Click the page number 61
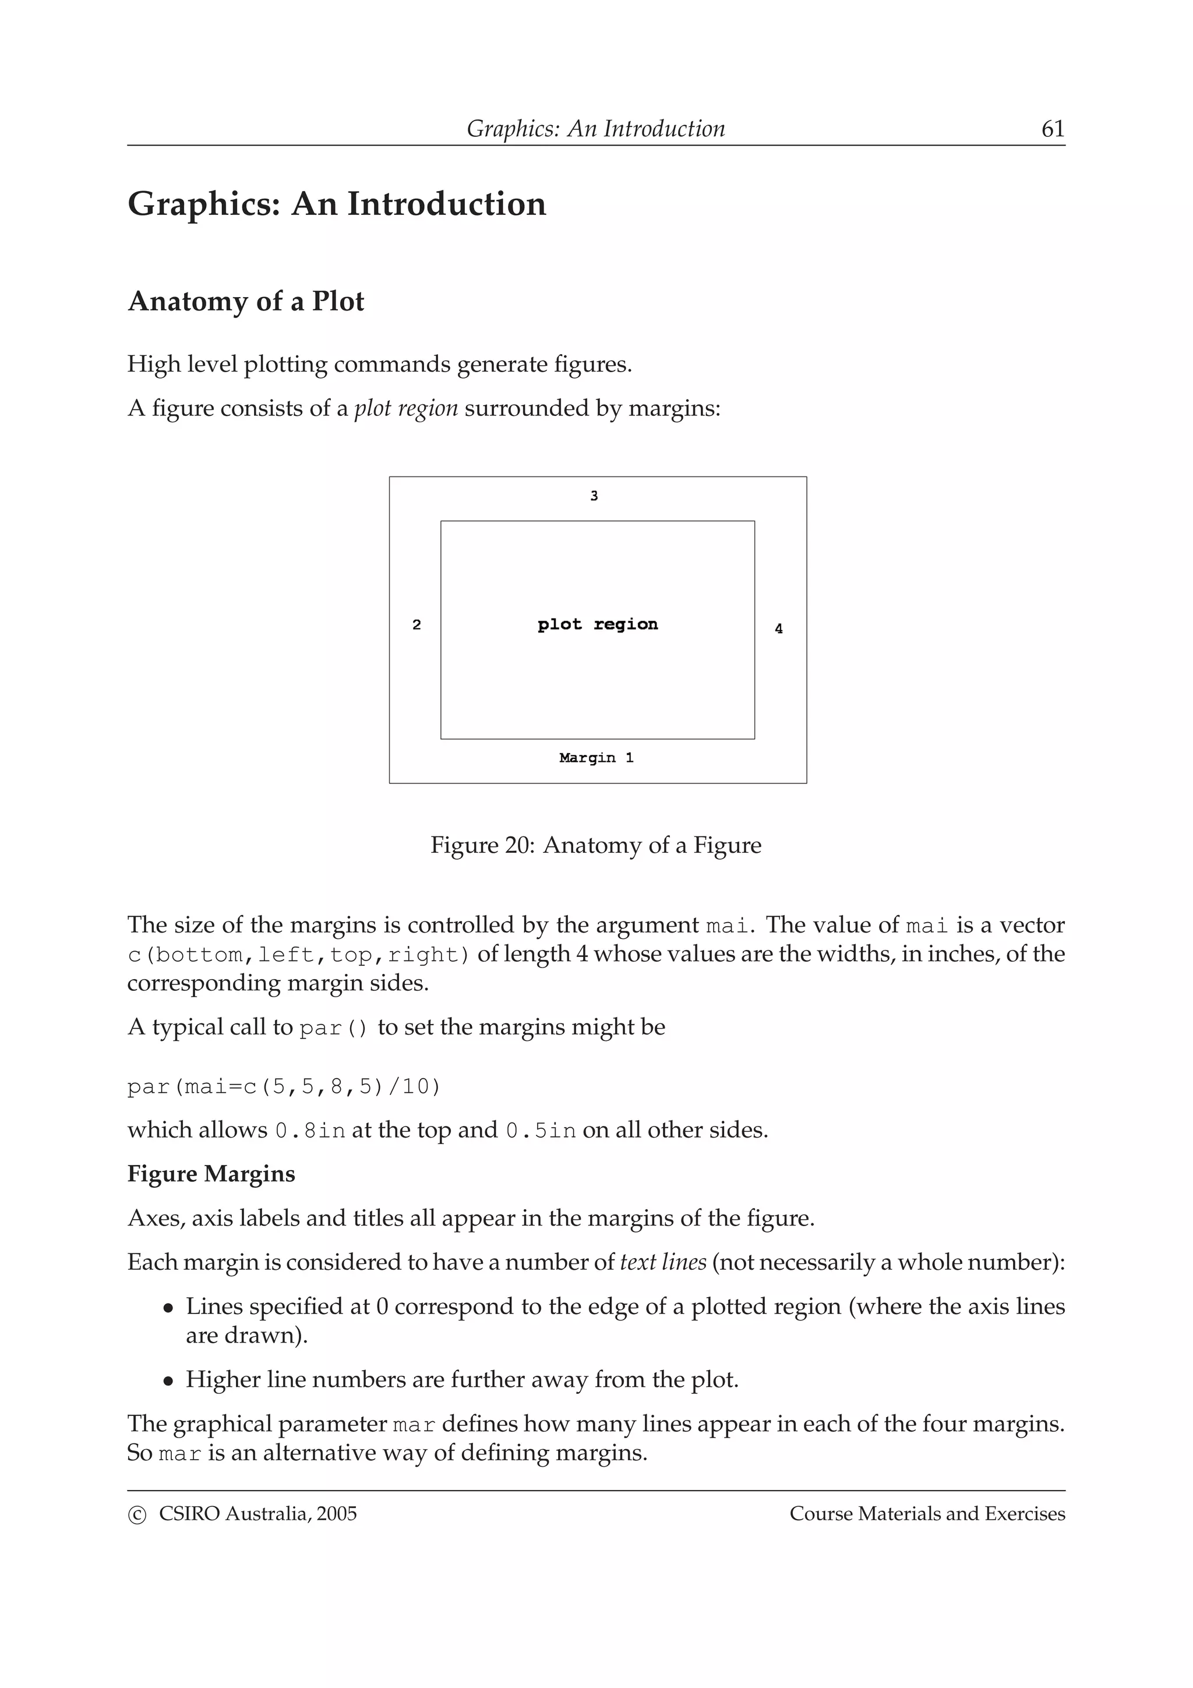pos(1053,129)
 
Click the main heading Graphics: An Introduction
pos(337,204)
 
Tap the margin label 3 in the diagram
pos(594,496)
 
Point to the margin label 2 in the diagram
pos(417,625)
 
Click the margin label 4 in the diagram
pos(778,628)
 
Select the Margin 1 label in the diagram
pos(596,758)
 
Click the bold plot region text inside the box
pos(598,624)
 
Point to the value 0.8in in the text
pos(309,1130)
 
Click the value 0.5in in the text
pos(540,1130)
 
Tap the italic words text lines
pos(663,1262)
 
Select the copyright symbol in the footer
pos(137,1514)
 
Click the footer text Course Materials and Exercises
pos(927,1514)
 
